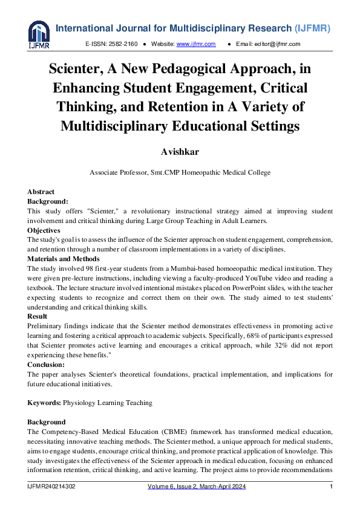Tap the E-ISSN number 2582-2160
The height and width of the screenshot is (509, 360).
[x=125, y=45]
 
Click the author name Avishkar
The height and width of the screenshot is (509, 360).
[x=180, y=150]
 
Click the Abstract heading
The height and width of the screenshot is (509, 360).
[x=41, y=192]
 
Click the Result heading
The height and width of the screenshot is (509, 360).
[x=38, y=316]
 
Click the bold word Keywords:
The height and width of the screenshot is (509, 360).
[x=44, y=402]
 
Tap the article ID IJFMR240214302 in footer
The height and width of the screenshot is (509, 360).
[x=51, y=487]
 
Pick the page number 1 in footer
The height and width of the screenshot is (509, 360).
[x=331, y=487]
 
